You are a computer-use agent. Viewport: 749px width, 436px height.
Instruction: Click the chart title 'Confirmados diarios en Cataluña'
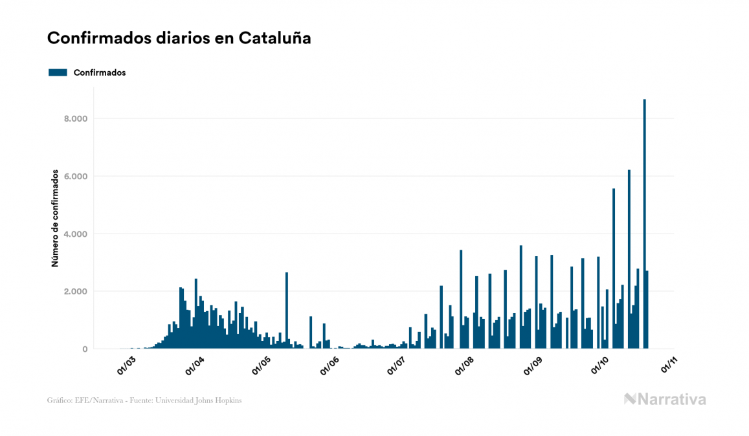pos(179,38)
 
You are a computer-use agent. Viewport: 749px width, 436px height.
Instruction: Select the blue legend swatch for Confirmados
pos(58,72)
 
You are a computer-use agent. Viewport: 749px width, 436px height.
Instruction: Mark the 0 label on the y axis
pos(85,349)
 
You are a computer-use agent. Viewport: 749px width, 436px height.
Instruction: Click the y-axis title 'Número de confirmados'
pos(56,219)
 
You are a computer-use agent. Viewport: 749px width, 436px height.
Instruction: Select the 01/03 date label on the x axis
pos(126,365)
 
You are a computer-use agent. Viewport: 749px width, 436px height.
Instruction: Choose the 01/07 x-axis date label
pos(396,365)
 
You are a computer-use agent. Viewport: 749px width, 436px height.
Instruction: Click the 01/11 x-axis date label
pos(669,365)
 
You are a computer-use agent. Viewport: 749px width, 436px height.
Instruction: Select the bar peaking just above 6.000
pos(629,259)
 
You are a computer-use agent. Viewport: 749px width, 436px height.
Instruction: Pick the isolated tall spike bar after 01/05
pos(287,311)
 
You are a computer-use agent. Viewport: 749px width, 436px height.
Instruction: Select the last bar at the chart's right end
pos(647,310)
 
